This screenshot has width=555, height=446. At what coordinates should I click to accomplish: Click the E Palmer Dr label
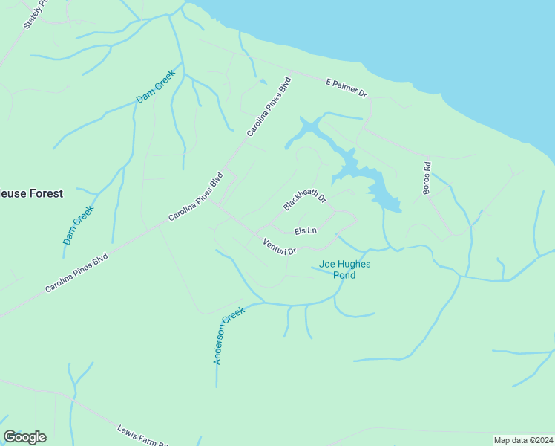point(347,86)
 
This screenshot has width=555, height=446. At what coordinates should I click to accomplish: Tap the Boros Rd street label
point(427,179)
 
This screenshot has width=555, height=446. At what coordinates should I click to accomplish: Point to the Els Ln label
point(306,231)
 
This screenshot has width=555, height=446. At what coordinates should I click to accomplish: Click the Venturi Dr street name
point(280,245)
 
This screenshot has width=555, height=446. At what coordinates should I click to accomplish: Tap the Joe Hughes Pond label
point(344,269)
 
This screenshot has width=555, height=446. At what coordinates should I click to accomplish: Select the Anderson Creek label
point(229,337)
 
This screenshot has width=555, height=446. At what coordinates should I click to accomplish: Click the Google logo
point(24,437)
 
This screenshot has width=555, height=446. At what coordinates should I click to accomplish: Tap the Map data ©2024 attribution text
point(523,440)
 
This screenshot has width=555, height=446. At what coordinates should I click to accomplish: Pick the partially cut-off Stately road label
point(34,14)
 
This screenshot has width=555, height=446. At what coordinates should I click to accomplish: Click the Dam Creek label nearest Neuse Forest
point(78,226)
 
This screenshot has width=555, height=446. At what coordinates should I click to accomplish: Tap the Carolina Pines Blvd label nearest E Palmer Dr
point(268,107)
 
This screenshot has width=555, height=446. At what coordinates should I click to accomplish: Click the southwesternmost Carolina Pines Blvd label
point(76,273)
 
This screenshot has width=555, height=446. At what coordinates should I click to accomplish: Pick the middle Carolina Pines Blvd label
point(195,197)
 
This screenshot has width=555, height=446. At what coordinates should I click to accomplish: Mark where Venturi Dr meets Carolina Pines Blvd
point(216,205)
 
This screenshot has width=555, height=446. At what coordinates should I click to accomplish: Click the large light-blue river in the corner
point(445,37)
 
